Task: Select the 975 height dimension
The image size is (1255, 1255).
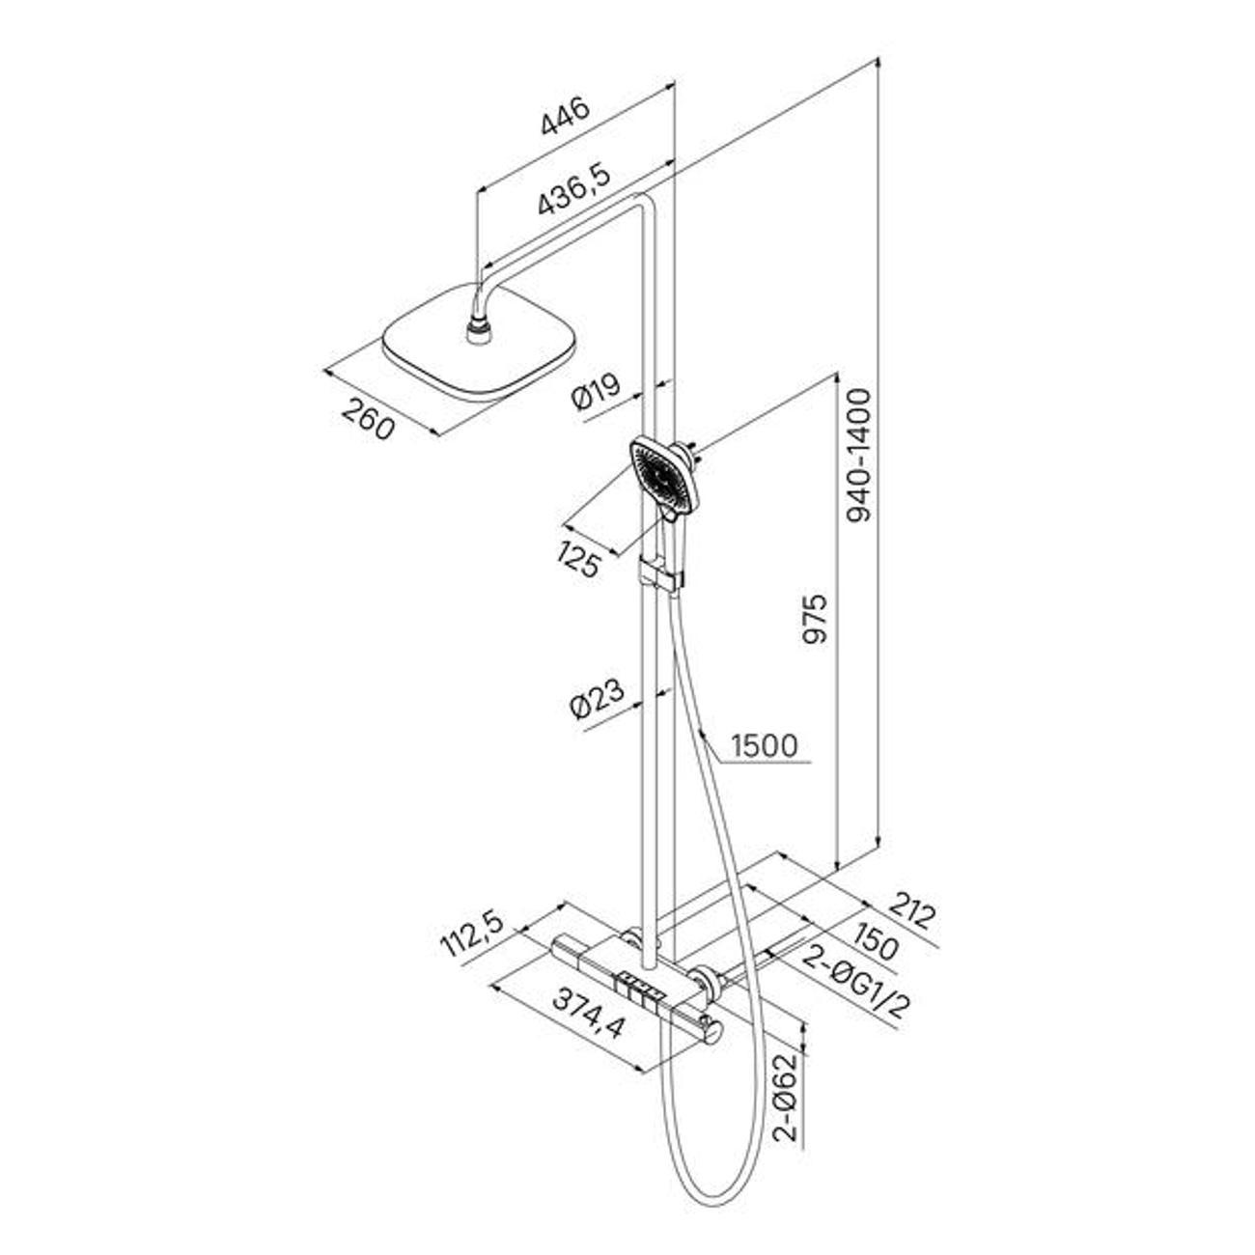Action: click(x=814, y=618)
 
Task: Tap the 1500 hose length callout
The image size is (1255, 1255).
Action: click(x=764, y=745)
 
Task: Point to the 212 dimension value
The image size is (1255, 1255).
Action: click(x=911, y=916)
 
